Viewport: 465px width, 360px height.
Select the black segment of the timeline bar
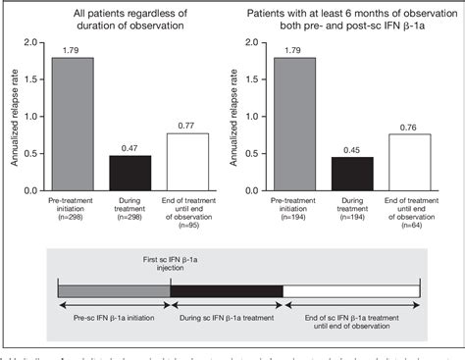pos(227,290)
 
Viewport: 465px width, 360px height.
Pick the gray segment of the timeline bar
pos(114,290)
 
